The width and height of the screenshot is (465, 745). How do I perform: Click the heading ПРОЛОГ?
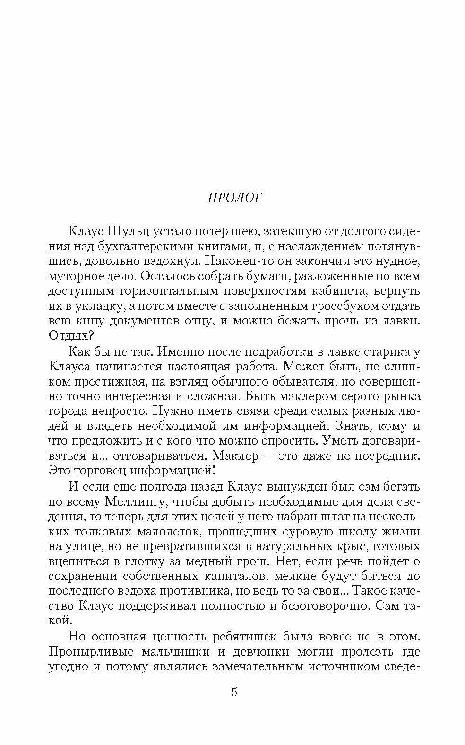click(x=234, y=197)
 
